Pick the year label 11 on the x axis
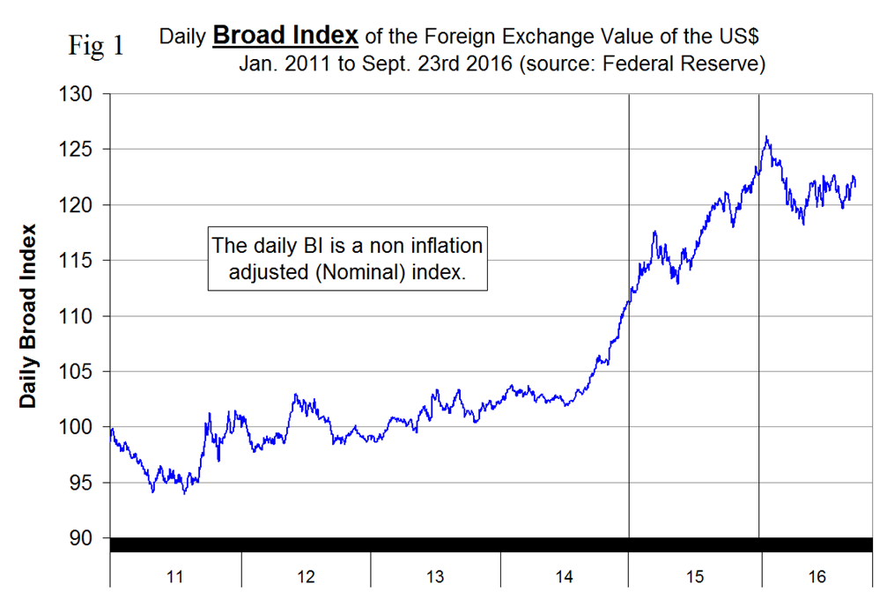click(x=174, y=578)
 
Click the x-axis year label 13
click(x=435, y=578)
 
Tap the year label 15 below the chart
click(x=694, y=578)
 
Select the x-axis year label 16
click(x=816, y=578)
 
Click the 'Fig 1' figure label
click(x=96, y=46)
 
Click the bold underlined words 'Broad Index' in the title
click(x=285, y=36)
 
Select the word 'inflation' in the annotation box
click(x=441, y=246)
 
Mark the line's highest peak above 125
click(x=767, y=137)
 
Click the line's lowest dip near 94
click(x=183, y=493)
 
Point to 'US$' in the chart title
click(x=743, y=37)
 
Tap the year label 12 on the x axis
click(x=306, y=578)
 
